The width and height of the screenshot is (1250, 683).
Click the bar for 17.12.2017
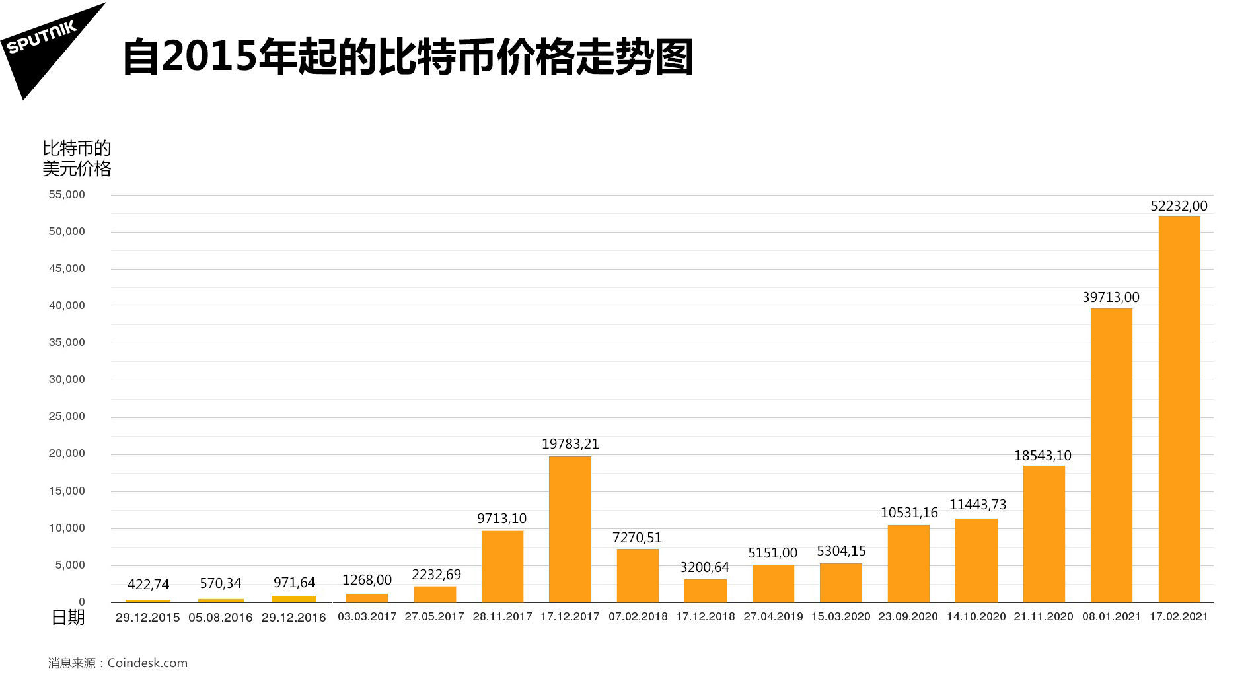coord(570,529)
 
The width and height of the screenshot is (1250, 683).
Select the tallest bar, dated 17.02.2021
coord(1179,409)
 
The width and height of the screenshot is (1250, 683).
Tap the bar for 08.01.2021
coord(1111,455)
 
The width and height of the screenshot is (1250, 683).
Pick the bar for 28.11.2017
coord(502,566)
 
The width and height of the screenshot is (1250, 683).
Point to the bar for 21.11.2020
coord(1043,534)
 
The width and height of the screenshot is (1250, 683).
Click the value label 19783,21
coord(570,444)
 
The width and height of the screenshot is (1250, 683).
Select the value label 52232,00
coord(1179,206)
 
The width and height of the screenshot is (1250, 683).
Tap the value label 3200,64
coord(704,567)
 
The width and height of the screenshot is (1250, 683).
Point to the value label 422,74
coord(148,585)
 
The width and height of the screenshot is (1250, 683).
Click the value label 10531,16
coord(908,513)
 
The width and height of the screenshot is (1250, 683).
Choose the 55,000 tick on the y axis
coord(67,195)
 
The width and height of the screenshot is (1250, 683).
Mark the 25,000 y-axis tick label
coord(67,417)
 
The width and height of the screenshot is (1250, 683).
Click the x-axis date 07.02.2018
coord(638,617)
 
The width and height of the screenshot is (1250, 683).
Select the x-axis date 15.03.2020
coord(840,617)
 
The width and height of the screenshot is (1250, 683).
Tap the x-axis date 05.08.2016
coord(220,618)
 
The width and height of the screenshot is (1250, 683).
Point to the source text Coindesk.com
coord(147,663)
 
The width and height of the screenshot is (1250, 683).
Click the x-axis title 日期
coord(68,617)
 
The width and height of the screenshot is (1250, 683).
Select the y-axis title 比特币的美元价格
coord(77,159)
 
